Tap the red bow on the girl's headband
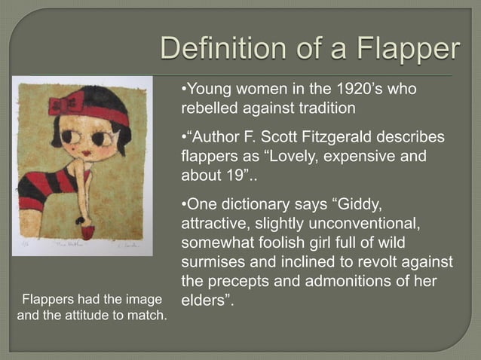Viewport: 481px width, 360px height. (66, 104)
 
